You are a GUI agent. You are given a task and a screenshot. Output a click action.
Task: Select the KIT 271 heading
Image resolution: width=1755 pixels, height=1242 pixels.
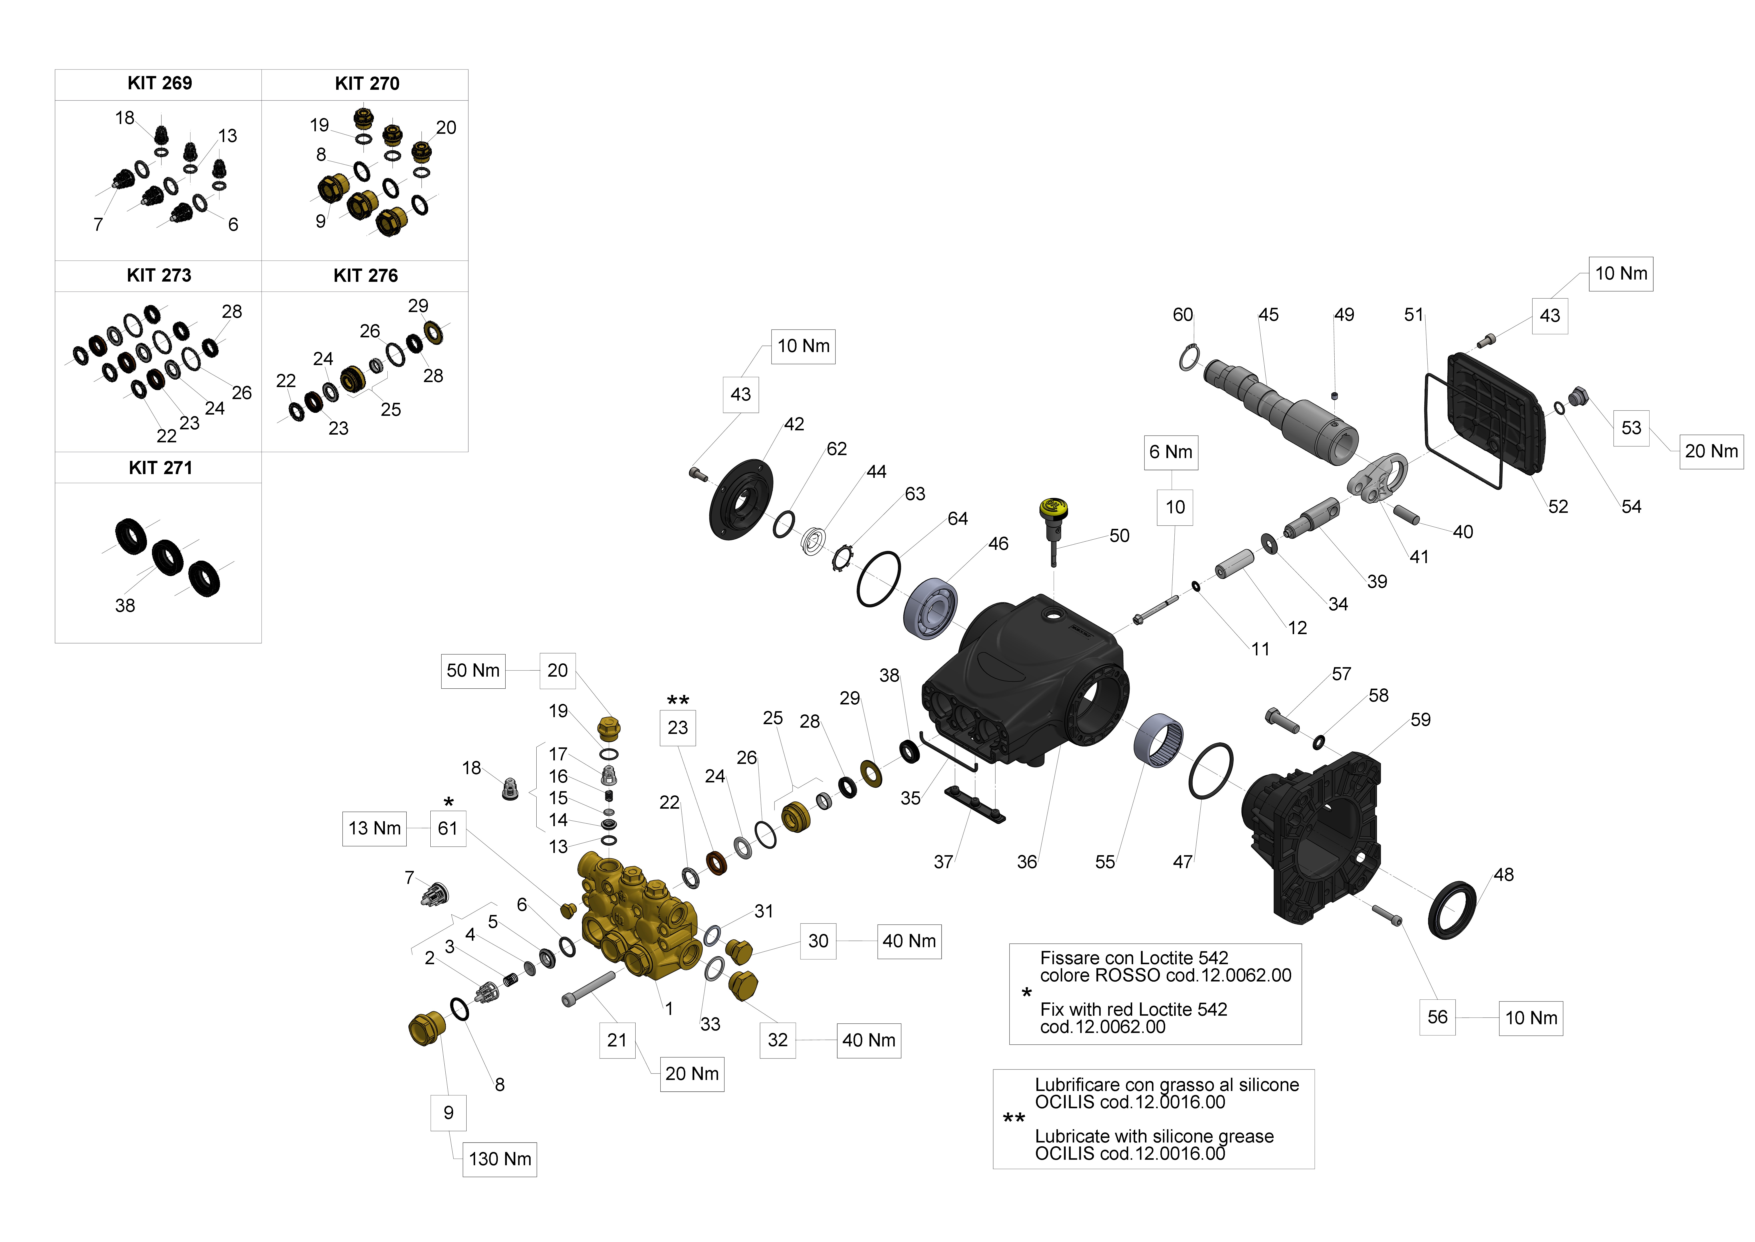tap(160, 468)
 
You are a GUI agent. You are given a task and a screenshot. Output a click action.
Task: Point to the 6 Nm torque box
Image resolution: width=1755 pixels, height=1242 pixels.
tap(1170, 452)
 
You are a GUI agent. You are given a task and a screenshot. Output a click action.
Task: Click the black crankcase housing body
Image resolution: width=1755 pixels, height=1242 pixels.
tap(1024, 681)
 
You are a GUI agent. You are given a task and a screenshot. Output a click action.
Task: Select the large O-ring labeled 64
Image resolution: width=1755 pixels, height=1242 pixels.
tap(878, 579)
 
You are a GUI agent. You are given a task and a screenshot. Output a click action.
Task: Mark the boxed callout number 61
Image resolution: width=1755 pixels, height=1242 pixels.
tap(448, 828)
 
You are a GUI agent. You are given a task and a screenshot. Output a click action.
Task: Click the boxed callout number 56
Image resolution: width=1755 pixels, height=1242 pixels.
tap(1437, 1017)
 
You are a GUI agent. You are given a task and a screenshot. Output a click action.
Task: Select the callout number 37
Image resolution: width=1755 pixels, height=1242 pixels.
tap(943, 862)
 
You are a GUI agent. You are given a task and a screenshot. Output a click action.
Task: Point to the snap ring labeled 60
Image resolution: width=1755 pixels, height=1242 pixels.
tap(1189, 357)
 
